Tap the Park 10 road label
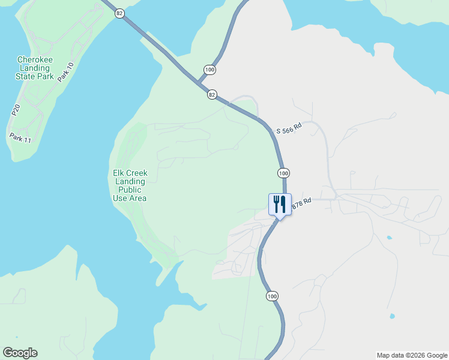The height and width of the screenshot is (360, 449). point(66,73)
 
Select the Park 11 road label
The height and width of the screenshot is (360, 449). point(20,139)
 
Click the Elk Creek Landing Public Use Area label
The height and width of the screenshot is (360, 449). point(130,185)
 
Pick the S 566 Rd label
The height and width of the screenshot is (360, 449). point(288,128)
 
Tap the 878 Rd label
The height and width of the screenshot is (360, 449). point(301,204)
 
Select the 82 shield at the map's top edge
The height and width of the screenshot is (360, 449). point(120,13)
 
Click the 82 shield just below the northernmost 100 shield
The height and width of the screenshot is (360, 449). point(212,95)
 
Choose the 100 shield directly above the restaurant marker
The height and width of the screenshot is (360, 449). point(284,173)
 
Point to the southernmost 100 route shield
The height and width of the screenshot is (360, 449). point(273,296)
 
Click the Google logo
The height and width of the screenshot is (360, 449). point(20,353)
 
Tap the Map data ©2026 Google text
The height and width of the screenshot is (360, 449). point(412,355)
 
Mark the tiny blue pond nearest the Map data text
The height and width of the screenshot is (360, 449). point(392,316)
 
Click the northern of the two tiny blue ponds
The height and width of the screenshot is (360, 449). point(389,238)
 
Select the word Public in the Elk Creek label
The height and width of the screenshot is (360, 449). point(130,190)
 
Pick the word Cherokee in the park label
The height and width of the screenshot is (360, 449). point(34,59)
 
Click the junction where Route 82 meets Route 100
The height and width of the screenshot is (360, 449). point(198,83)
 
